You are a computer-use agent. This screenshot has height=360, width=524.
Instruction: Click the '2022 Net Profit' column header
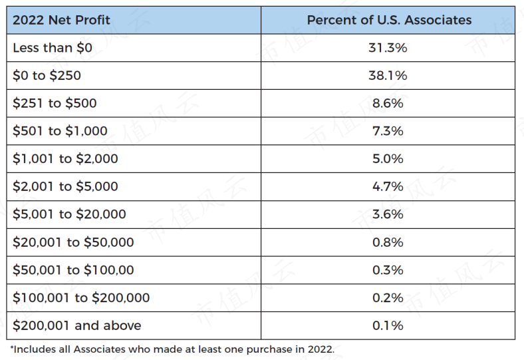pos(61,20)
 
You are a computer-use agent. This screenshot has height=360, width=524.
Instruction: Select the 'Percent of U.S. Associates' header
pos(389,20)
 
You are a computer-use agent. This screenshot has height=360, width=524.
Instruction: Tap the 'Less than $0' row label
pos(53,48)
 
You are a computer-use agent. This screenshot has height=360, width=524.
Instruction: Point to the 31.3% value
pos(388,48)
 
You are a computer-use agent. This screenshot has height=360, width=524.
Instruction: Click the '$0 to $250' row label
pos(47,76)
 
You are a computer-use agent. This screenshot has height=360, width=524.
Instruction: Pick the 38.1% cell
pos(388,76)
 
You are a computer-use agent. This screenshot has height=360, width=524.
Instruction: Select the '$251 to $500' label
pos(55,103)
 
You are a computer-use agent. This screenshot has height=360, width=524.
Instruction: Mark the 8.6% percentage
pos(388,103)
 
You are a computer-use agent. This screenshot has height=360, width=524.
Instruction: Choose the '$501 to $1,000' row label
pos(60,131)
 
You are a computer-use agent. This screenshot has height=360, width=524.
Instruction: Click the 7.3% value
pos(388,131)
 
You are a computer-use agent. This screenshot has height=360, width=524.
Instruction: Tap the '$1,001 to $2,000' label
pos(65,159)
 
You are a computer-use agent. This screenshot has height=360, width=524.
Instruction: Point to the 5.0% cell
pos(388,159)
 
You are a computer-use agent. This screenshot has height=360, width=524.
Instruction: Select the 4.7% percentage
pos(388,186)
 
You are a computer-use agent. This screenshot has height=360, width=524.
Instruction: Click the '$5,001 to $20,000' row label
pos(69,214)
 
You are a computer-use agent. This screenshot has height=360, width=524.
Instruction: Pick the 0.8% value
pos(388,242)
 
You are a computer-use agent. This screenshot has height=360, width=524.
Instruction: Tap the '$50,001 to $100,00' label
pos(73,270)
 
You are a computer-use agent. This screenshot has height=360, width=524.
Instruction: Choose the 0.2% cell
pos(388,298)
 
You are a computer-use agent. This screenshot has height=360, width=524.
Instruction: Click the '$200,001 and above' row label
pos(77,325)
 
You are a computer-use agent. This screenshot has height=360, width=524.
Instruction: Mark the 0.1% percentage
pos(388,325)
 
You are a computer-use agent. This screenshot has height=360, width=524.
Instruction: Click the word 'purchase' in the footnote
pos(269,349)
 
